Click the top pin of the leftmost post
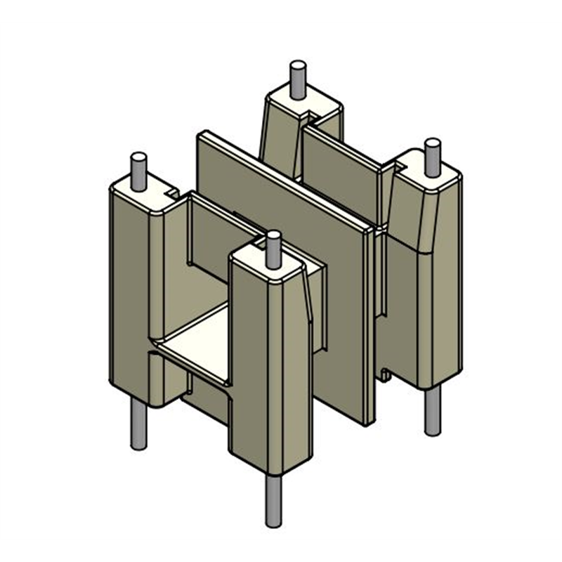tap(138, 169)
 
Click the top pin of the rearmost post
tap(296, 78)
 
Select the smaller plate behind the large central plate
tap(344, 169)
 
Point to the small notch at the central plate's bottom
tap(384, 372)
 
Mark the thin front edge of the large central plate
tap(370, 323)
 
